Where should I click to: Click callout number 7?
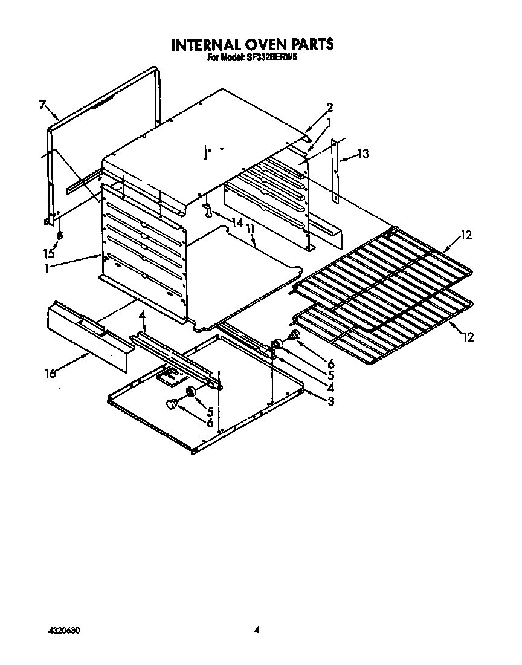tap(42, 106)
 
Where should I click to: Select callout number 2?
tap(330, 108)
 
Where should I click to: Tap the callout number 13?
tap(362, 154)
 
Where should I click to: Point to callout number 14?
tap(237, 222)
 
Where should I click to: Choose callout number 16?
tap(50, 374)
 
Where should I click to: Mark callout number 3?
tap(330, 401)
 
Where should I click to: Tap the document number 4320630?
tap(63, 631)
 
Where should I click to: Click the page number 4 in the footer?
tap(256, 631)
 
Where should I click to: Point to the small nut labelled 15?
tap(59, 235)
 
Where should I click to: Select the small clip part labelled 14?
tap(208, 211)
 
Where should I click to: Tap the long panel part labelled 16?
tap(88, 336)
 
